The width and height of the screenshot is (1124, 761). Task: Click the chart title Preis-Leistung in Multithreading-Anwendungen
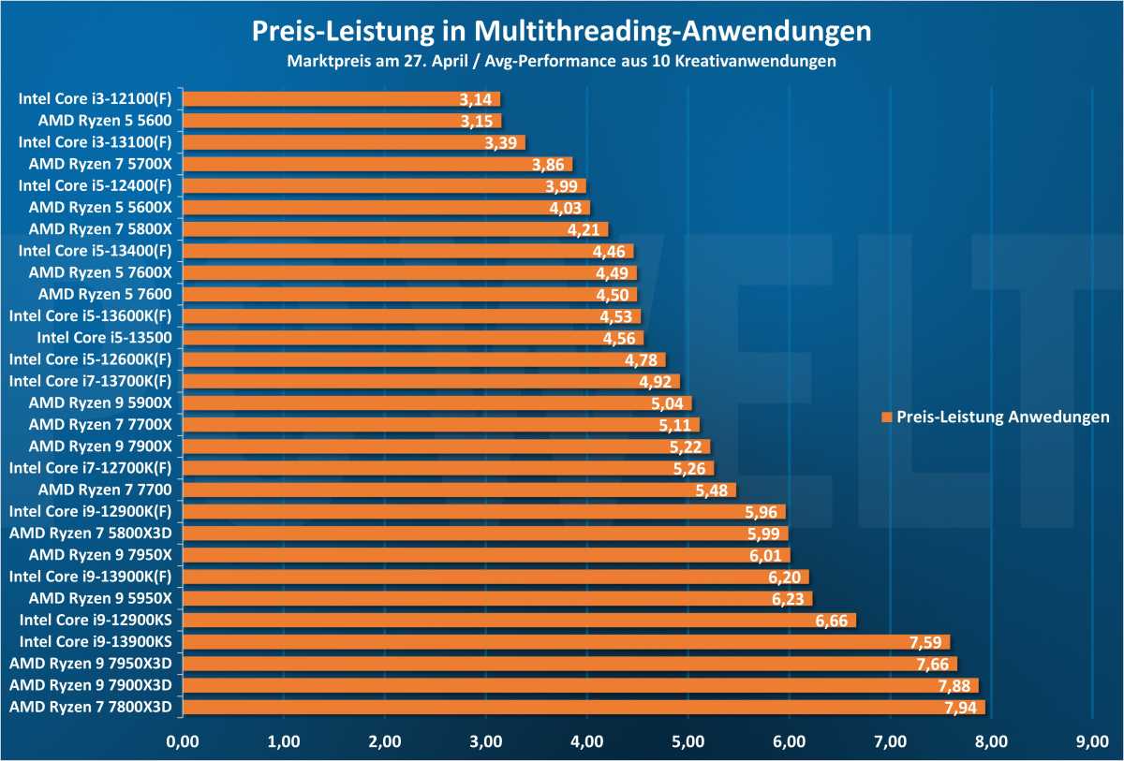pyautogui.click(x=562, y=32)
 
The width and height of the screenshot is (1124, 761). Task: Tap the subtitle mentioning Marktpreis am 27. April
pyautogui.click(x=562, y=63)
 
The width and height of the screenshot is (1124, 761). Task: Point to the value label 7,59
pyautogui.click(x=927, y=642)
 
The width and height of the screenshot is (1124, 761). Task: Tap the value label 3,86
pyautogui.click(x=549, y=164)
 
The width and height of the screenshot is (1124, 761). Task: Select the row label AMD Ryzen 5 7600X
pyautogui.click(x=100, y=272)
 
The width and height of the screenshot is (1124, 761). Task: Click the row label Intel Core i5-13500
pyautogui.click(x=104, y=337)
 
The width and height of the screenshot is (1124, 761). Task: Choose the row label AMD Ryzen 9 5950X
pyautogui.click(x=100, y=598)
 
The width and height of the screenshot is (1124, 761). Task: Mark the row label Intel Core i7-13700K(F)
pyautogui.click(x=90, y=381)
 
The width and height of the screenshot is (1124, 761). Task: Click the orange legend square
pyautogui.click(x=886, y=417)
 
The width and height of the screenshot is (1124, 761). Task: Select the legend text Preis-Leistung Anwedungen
pyautogui.click(x=1002, y=417)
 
